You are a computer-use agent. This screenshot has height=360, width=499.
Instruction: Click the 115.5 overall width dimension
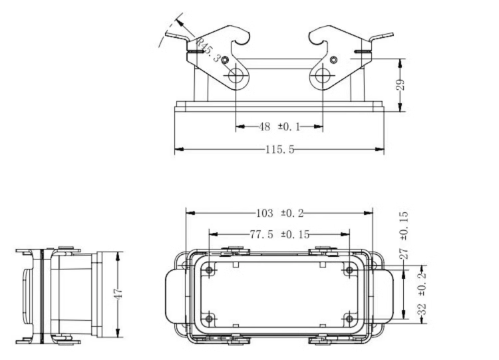point(279,149)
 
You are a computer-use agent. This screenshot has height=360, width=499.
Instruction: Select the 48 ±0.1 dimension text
point(279,126)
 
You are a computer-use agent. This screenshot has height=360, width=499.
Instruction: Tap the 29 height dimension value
point(401,85)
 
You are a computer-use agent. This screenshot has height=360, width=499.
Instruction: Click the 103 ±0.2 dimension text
point(279,213)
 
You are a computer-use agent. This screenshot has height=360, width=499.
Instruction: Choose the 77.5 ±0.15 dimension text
point(279,235)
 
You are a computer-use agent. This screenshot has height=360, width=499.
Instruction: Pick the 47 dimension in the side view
point(118,293)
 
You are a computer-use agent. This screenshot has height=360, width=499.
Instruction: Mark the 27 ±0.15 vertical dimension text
point(404,235)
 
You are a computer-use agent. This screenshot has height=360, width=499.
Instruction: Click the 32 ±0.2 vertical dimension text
point(422,293)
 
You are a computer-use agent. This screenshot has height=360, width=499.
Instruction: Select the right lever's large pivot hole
point(323,76)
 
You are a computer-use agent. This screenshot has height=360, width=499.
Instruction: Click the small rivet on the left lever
point(225,60)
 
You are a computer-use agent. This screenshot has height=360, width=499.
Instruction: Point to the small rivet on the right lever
point(333,59)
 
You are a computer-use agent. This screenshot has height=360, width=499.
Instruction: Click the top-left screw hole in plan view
point(209,270)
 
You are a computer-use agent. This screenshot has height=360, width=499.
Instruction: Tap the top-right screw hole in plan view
point(349,270)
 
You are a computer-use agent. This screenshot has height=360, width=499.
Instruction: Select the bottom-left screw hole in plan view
point(209,318)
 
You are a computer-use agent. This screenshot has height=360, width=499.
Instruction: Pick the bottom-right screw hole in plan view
point(349,318)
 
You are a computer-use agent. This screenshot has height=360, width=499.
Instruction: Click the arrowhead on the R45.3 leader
point(180,23)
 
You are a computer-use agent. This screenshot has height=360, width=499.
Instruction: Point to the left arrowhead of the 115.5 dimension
point(180,149)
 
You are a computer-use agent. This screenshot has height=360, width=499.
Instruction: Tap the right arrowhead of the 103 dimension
point(368,213)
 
